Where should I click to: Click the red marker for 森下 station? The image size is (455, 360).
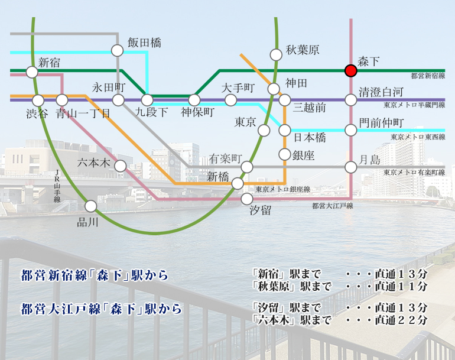(351, 71)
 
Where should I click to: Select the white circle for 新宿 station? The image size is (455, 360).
(32, 72)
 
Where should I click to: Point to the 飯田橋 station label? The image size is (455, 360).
(144, 43)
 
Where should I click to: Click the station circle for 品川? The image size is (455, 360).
(90, 206)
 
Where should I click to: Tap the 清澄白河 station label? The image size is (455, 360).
(381, 92)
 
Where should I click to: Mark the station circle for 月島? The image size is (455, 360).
(351, 167)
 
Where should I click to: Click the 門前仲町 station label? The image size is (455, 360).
(381, 122)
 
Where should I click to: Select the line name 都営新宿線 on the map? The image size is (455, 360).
(428, 76)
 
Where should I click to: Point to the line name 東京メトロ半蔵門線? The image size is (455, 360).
(414, 105)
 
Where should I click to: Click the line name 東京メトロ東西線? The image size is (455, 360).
(417, 137)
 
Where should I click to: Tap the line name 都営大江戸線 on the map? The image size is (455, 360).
(332, 206)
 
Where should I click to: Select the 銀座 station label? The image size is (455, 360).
(304, 155)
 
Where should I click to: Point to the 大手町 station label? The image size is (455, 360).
(238, 88)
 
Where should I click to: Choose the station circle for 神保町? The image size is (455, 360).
(194, 100)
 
